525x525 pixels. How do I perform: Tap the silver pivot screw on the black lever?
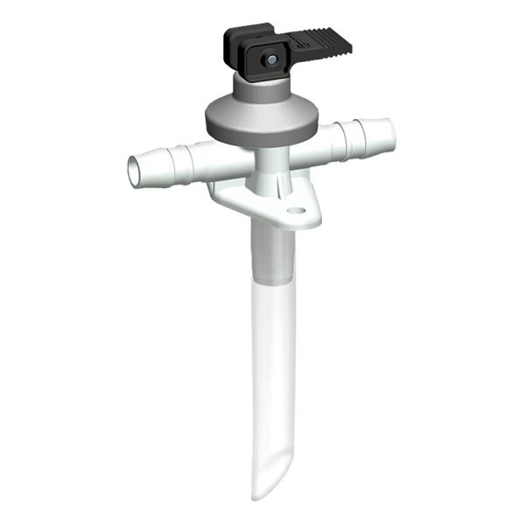(272, 59)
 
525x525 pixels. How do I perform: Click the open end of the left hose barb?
(134, 170)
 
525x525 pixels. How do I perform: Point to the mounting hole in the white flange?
(297, 211)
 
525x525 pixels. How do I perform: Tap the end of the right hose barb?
(388, 136)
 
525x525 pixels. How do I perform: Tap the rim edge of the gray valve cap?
(261, 131)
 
